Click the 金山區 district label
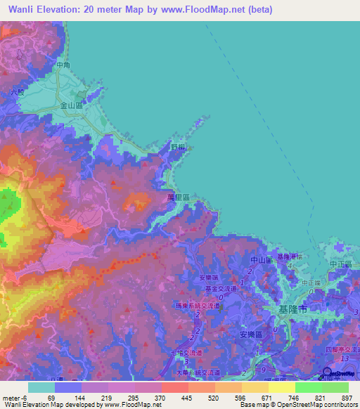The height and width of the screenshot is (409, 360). click(x=72, y=105)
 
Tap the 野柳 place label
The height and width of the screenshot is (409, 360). click(x=179, y=147)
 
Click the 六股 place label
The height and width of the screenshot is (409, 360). click(x=17, y=92)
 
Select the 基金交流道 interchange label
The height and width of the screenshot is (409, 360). click(x=221, y=289)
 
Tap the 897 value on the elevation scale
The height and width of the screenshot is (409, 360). click(x=348, y=397)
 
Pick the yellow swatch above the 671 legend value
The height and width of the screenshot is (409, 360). click(x=255, y=387)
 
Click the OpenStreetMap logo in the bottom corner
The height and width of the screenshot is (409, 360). click(x=327, y=373)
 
